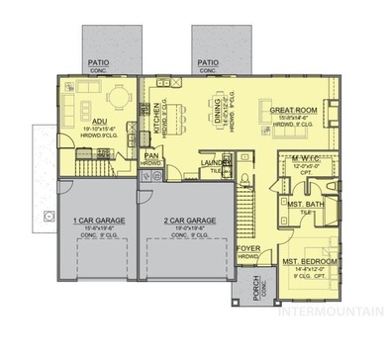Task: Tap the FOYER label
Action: tap(248, 249)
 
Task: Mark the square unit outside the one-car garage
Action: tap(46, 213)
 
